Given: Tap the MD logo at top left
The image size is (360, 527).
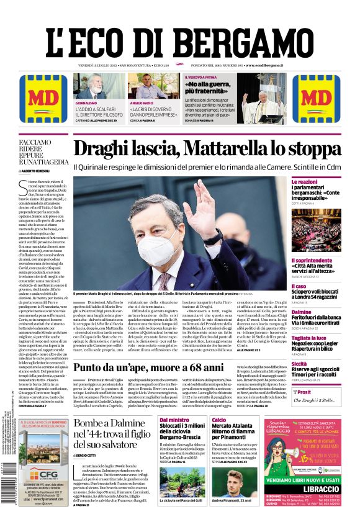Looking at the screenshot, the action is pyautogui.click(x=43, y=99).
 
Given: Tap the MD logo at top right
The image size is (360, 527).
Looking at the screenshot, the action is pyautogui.click(x=316, y=99).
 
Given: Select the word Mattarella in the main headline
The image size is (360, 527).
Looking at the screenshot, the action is pyautogui.click(x=219, y=150).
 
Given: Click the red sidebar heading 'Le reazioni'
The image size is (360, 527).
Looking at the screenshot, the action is pyautogui.click(x=305, y=182).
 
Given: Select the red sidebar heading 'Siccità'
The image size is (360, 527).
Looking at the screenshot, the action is pyautogui.click(x=299, y=364).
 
